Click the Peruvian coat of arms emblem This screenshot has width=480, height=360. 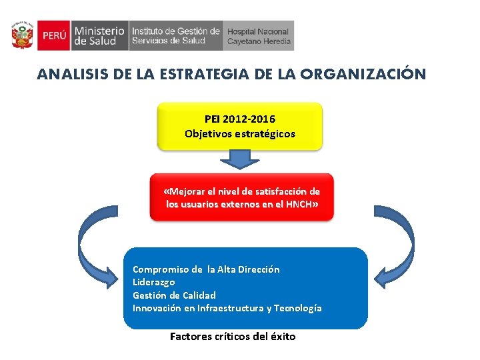[x=22, y=36]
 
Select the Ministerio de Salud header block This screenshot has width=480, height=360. [x=99, y=36]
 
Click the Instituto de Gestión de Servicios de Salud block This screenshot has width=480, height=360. [x=176, y=36]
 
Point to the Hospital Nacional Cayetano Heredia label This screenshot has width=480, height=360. [x=259, y=36]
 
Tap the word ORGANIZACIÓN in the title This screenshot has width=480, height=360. [x=363, y=74]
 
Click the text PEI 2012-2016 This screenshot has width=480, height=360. [x=239, y=119]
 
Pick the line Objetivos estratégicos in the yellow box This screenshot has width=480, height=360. [x=239, y=133]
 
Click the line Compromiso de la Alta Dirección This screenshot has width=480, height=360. [x=206, y=269]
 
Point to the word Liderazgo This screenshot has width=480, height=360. [x=154, y=282]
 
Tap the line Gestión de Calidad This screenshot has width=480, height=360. [x=174, y=295]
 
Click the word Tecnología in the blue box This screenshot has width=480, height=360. [x=297, y=308]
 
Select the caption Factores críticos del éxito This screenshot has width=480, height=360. [x=233, y=337]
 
